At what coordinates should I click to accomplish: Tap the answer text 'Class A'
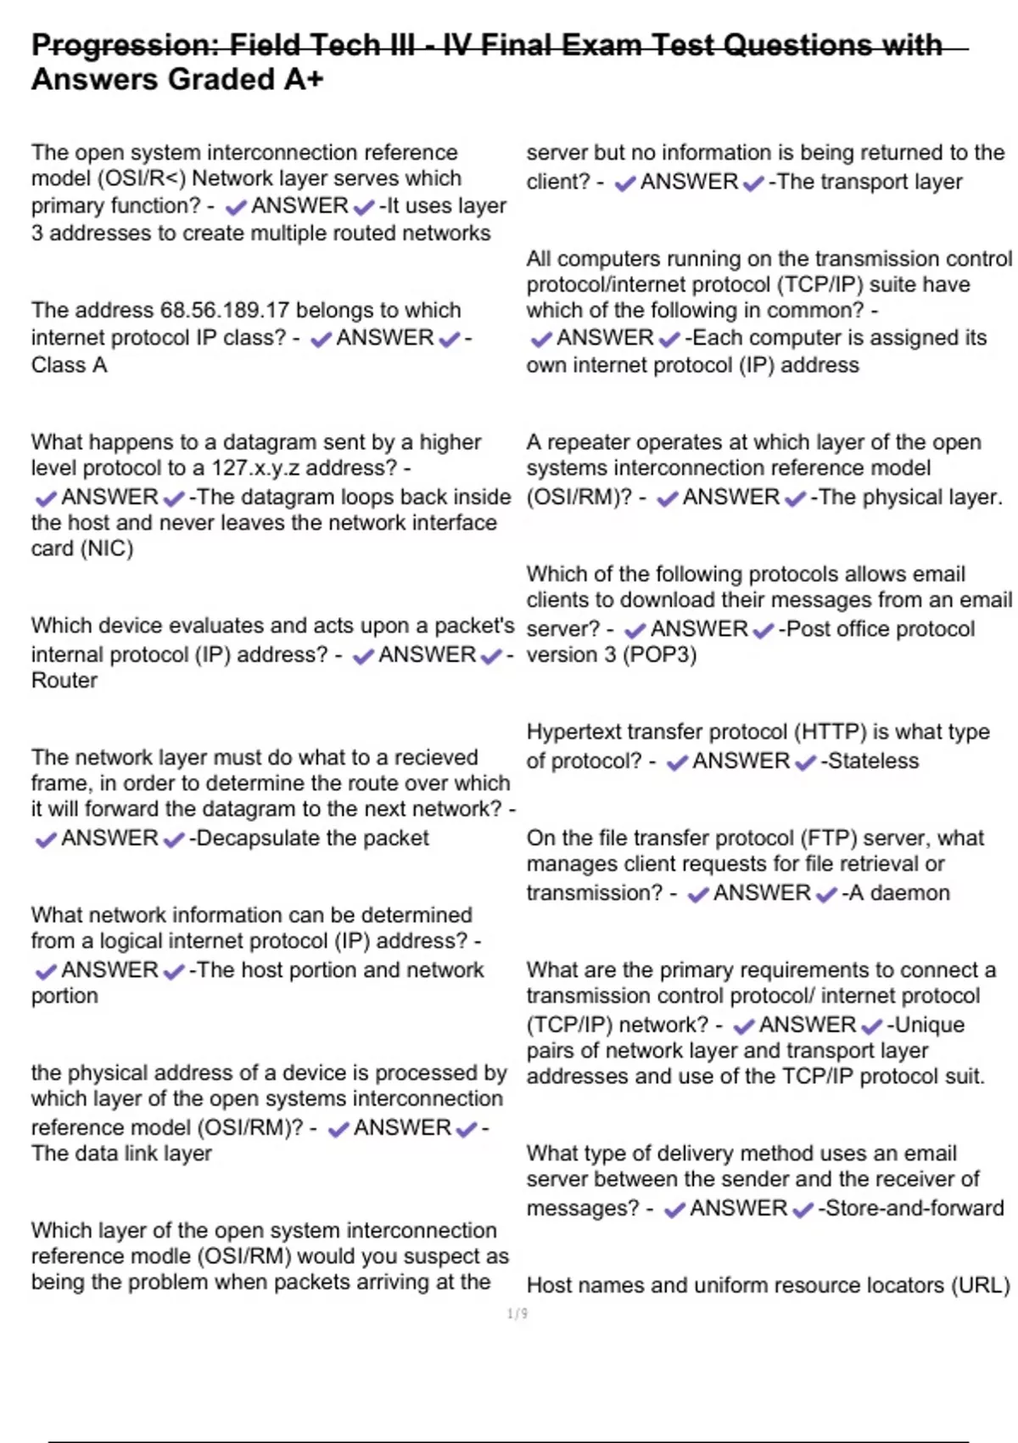[x=69, y=365]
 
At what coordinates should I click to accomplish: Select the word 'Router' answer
[x=64, y=681]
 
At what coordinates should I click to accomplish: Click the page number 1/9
[x=517, y=1314]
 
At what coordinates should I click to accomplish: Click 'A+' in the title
[x=304, y=80]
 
